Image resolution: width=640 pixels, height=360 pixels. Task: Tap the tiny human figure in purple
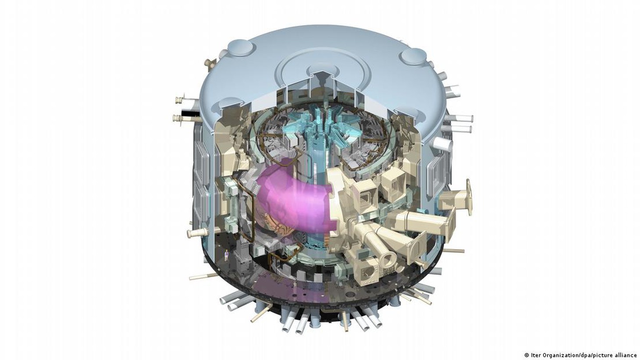(227, 255)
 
